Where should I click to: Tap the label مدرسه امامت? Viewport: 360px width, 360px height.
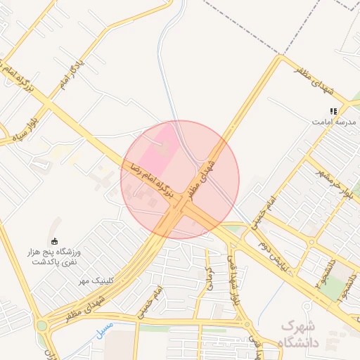(335, 122)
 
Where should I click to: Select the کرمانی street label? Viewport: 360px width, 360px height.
(209, 276)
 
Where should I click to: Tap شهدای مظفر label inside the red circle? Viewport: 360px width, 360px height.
(219, 167)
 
